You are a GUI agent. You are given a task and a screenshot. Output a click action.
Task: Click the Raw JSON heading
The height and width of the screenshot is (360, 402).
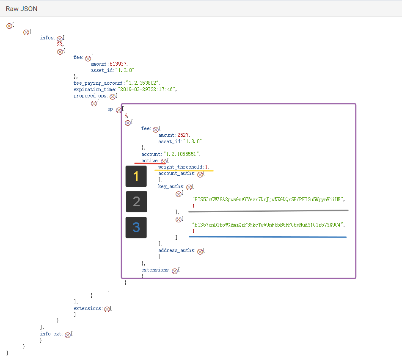(22, 9)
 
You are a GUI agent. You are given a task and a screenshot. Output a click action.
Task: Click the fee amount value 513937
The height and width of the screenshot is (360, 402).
(118, 64)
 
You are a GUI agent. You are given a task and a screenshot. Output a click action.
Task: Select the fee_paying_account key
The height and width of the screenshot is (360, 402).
(98, 83)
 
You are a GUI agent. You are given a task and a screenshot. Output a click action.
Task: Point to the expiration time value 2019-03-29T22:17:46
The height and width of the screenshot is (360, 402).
(147, 89)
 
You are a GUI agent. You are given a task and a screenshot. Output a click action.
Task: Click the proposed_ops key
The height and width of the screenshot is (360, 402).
(90, 96)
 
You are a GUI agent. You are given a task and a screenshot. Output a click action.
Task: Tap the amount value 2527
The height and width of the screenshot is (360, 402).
(183, 135)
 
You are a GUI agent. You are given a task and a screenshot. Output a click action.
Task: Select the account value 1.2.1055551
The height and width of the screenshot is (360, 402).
(181, 154)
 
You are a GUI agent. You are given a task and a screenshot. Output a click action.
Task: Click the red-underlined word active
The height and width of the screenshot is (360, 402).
(149, 161)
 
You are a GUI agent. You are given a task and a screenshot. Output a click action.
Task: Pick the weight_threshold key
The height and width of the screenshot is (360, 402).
(180, 167)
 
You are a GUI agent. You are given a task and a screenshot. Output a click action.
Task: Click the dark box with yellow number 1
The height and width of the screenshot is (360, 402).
(136, 176)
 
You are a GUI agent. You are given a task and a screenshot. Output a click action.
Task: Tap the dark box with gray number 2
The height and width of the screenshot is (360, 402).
(136, 202)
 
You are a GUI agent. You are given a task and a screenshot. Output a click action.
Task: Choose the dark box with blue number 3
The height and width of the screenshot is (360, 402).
(136, 227)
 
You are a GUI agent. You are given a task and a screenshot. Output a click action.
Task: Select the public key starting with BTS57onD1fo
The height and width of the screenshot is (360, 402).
(268, 225)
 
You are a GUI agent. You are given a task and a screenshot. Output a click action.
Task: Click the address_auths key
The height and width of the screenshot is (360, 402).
(176, 250)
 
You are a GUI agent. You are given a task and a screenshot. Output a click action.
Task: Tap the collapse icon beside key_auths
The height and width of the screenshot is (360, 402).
(189, 187)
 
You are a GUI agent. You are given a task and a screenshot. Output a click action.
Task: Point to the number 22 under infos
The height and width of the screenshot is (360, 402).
(60, 44)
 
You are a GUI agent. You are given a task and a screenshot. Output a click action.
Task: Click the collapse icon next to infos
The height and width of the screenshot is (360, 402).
(60, 39)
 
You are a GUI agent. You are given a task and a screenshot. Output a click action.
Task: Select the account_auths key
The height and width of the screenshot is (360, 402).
(176, 173)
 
